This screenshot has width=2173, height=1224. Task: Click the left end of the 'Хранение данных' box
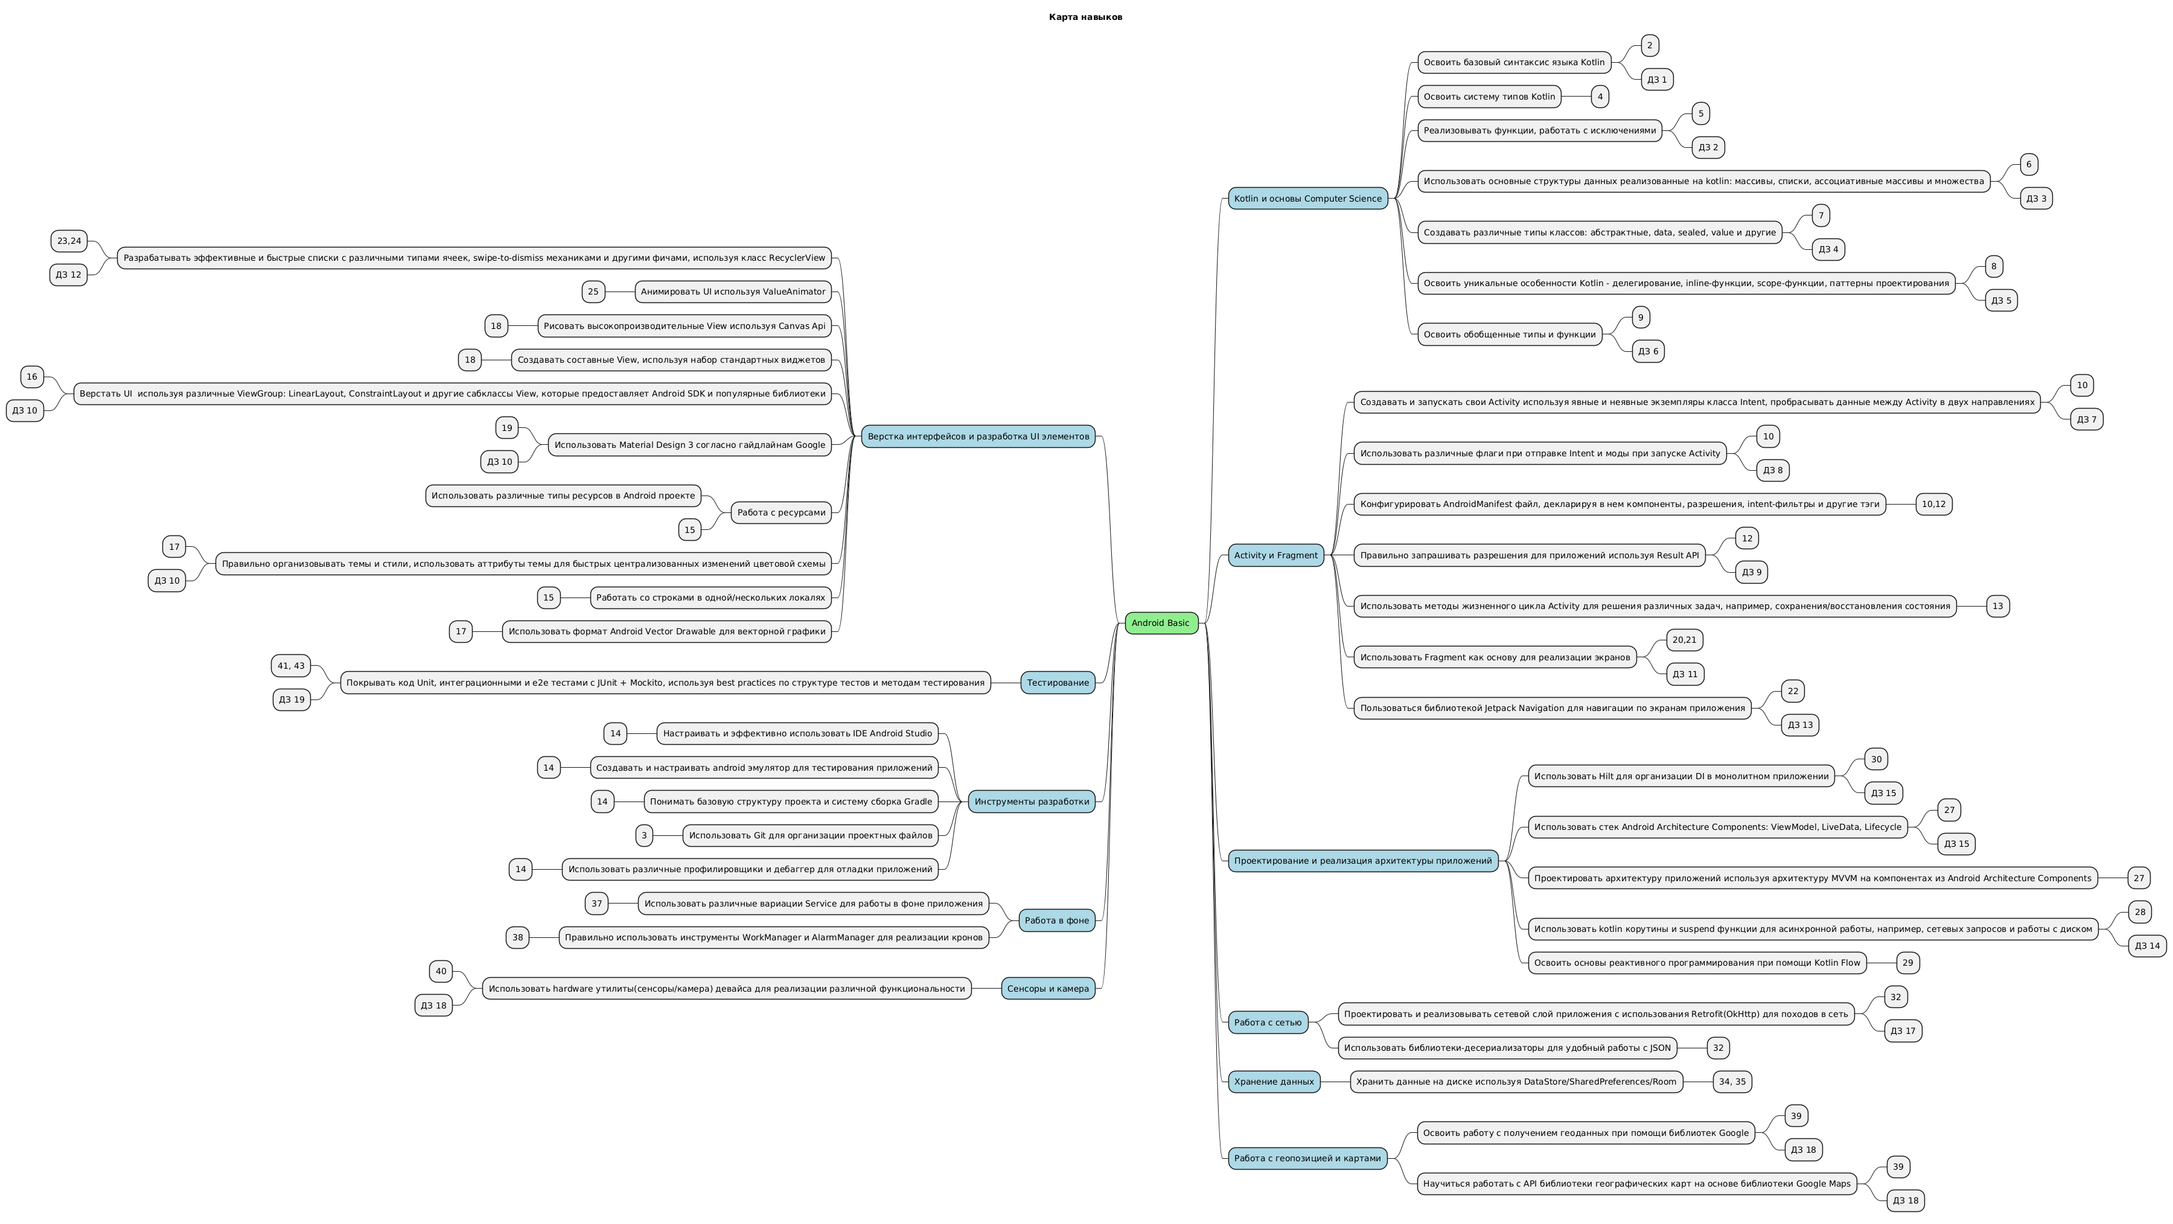(x=1228, y=1082)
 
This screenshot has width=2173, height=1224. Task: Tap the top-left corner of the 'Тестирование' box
(x=1021, y=672)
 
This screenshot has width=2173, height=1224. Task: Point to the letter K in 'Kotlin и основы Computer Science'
(x=1237, y=199)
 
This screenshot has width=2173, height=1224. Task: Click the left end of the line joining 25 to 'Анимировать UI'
(x=605, y=292)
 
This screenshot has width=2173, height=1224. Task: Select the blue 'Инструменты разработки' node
(x=1032, y=802)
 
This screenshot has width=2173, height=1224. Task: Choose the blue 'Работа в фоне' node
(x=1057, y=920)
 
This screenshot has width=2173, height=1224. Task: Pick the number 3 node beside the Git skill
(x=645, y=836)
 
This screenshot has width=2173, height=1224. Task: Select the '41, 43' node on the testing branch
(x=291, y=666)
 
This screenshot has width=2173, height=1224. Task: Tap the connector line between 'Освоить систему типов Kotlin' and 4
(x=1576, y=97)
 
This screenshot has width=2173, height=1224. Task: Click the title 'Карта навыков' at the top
(x=1086, y=17)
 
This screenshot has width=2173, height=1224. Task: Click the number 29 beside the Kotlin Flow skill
(x=1908, y=963)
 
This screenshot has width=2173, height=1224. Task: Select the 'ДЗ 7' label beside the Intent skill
(x=2086, y=419)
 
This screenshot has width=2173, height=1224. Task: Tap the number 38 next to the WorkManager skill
(x=517, y=937)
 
